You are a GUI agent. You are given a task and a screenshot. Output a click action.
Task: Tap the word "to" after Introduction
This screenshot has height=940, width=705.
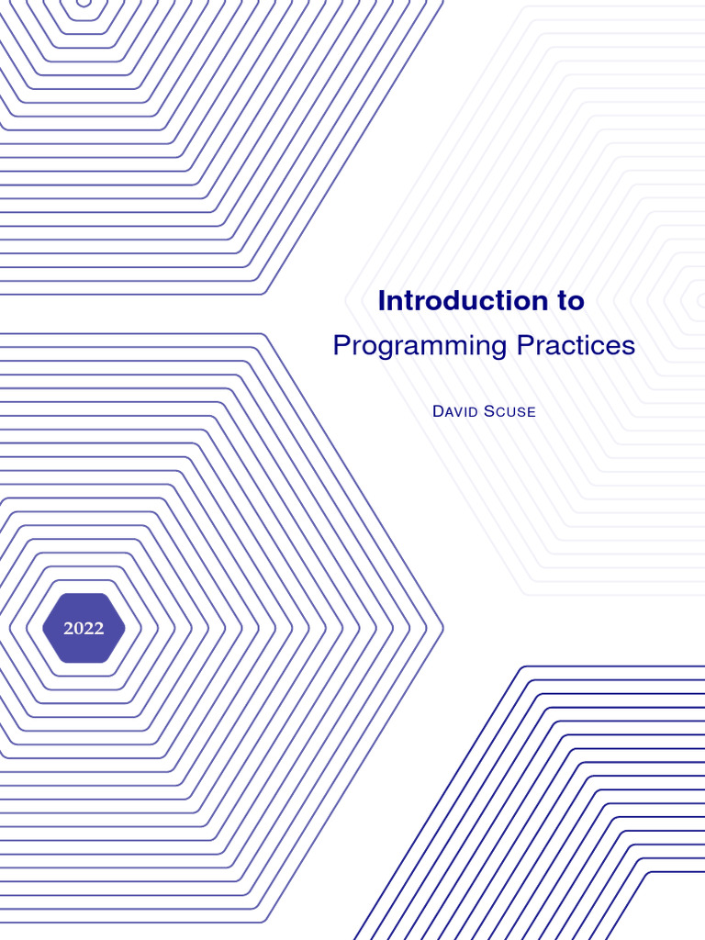pyautogui.click(x=569, y=301)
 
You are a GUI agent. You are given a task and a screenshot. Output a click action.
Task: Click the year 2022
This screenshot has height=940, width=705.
pyautogui.click(x=84, y=629)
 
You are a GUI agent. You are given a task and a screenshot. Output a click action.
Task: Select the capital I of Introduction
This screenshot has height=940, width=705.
pyautogui.click(x=382, y=301)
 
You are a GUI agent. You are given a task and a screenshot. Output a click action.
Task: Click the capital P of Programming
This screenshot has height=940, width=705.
pyautogui.click(x=340, y=346)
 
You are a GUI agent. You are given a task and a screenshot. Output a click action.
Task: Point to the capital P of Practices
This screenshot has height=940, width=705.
pyautogui.click(x=523, y=346)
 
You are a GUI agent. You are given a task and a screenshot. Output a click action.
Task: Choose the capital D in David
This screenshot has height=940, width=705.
pyautogui.click(x=438, y=411)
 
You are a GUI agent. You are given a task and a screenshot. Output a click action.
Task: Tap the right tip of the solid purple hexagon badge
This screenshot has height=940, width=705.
pyautogui.click(x=125, y=628)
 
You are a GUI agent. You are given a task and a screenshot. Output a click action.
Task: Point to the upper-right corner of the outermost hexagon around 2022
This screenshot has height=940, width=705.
pyautogui.click(x=265, y=334)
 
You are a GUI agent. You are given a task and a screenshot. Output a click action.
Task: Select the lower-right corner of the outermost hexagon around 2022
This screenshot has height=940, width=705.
pyautogui.click(x=265, y=922)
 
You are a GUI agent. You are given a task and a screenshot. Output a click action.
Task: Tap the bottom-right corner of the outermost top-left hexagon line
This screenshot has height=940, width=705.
pyautogui.click(x=265, y=294)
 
